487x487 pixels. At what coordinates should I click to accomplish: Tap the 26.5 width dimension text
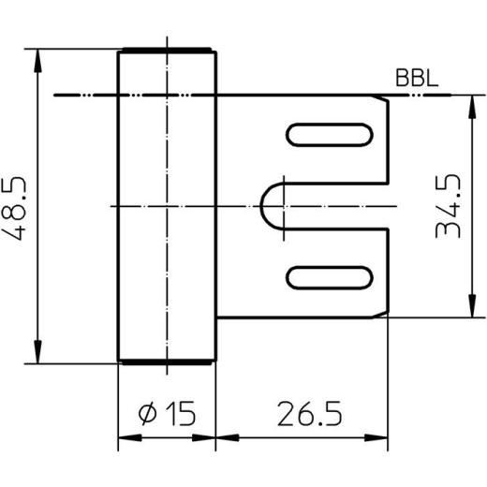[x=306, y=412]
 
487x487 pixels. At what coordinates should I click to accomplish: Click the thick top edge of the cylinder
[x=165, y=51]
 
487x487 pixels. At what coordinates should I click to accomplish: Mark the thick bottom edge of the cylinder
[x=165, y=361]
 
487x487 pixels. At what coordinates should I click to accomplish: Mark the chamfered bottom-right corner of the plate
[x=386, y=313]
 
